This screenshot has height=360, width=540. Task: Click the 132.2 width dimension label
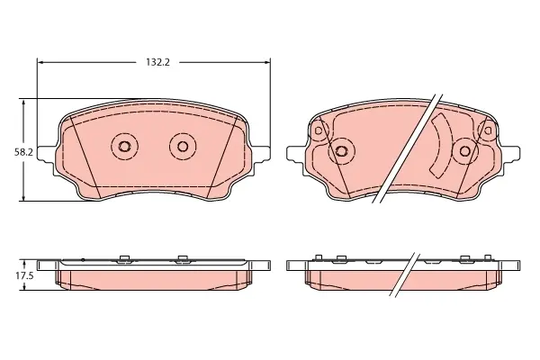tap(158, 62)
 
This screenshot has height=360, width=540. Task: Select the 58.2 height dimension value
tap(23, 152)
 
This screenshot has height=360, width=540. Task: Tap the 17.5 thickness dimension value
tap(24, 275)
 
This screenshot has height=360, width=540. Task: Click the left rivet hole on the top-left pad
tap(124, 147)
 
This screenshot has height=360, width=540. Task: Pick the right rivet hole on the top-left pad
tap(183, 147)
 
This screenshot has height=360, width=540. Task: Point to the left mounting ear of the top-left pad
tap(47, 153)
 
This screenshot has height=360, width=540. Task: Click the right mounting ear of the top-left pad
tap(262, 153)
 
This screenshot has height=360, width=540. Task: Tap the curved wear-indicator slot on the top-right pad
tap(441, 146)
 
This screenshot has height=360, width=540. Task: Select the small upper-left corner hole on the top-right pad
tap(319, 130)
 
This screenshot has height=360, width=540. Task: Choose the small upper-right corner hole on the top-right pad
tap(488, 130)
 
